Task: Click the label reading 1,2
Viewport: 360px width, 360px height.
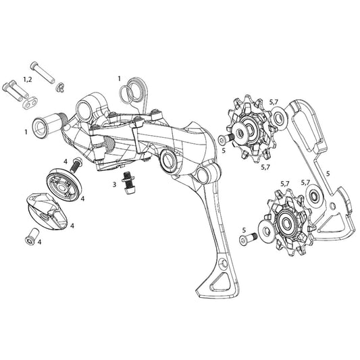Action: [27, 79]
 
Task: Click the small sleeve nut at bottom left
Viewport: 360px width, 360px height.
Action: [30, 235]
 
